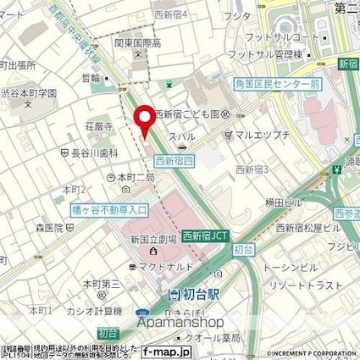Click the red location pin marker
[x=145, y=119]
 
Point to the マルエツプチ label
[x=259, y=134]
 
